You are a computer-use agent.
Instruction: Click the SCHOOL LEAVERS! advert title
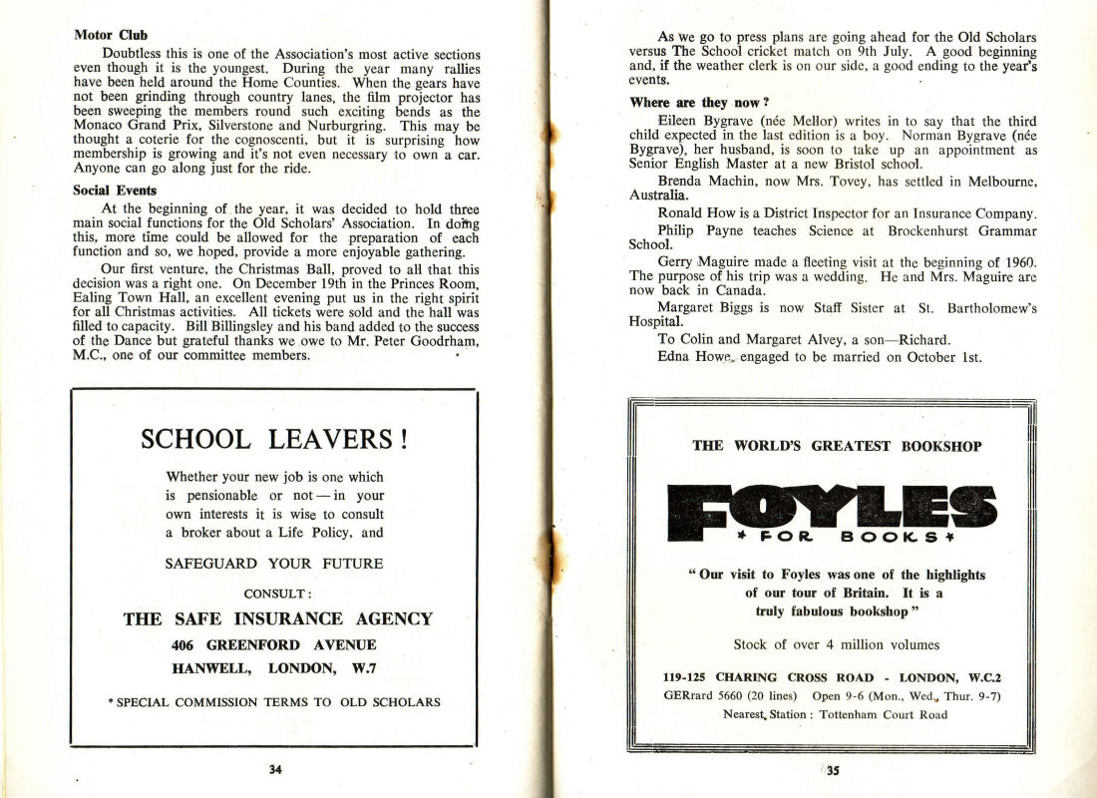(x=273, y=439)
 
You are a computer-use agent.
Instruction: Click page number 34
(x=276, y=769)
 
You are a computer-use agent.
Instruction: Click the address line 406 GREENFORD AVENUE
(x=273, y=644)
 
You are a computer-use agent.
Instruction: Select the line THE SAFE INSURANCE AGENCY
(x=277, y=619)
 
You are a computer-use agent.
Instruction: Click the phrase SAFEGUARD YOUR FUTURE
(x=274, y=564)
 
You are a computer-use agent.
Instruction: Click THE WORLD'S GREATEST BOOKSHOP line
(x=836, y=446)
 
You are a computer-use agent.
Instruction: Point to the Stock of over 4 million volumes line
(x=836, y=644)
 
